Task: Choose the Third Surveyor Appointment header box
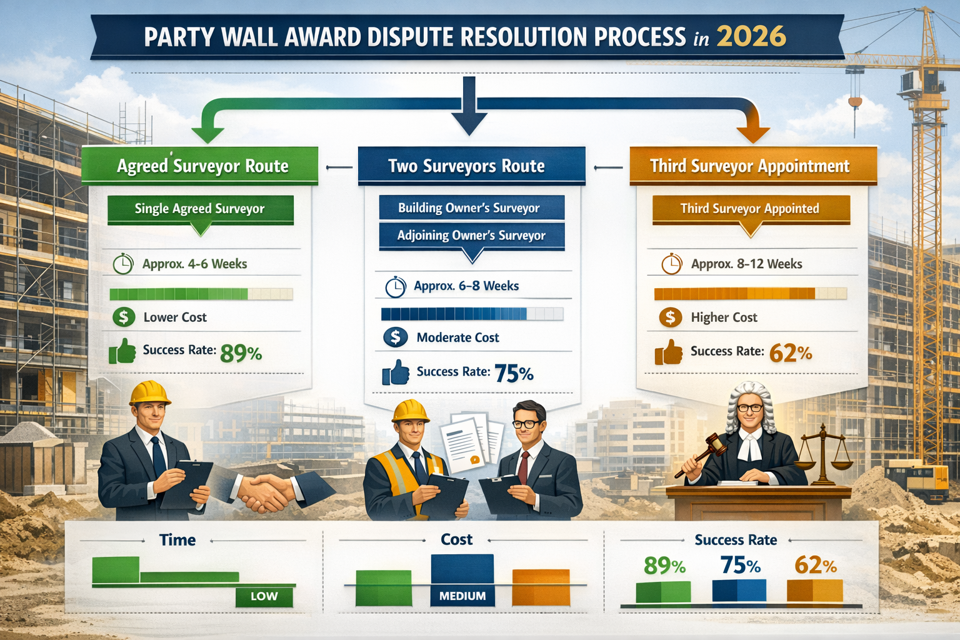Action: click(749, 166)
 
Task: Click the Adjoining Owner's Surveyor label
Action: click(471, 236)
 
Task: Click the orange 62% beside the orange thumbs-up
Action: click(790, 354)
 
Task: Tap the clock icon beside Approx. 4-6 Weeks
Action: click(122, 264)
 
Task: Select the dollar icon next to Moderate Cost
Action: click(395, 337)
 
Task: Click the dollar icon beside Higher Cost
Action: click(670, 317)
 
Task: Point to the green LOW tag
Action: click(264, 596)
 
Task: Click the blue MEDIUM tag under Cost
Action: click(462, 596)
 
